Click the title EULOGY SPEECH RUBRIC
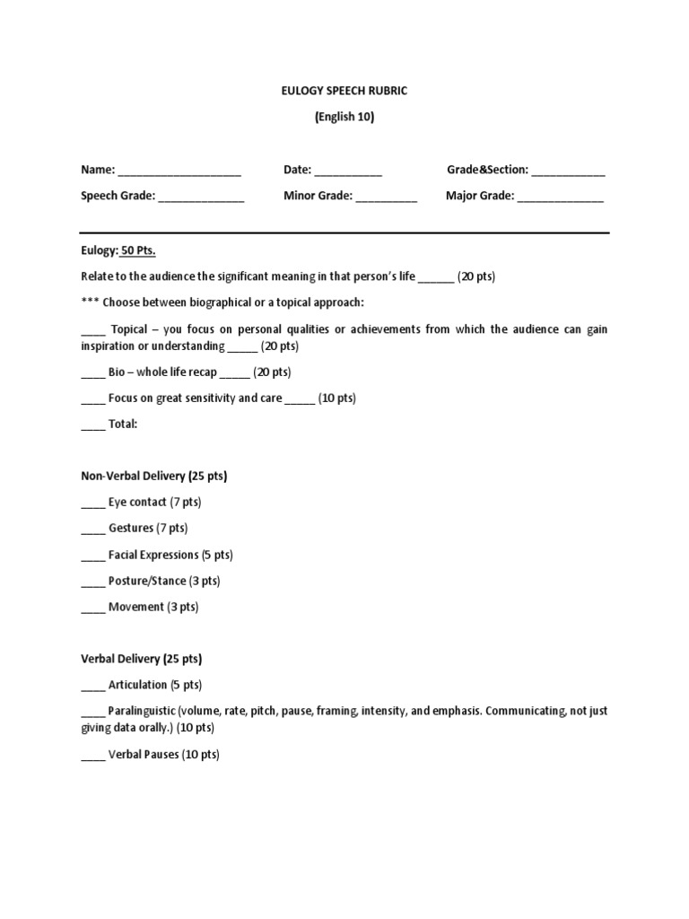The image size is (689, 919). click(344, 90)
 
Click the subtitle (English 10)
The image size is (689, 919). click(344, 117)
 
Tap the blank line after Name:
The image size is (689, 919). click(179, 171)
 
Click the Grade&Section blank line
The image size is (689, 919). click(569, 171)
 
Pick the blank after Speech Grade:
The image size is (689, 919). click(202, 197)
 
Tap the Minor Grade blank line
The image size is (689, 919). click(387, 197)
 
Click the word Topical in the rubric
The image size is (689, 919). click(128, 329)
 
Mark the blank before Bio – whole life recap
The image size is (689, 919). click(93, 372)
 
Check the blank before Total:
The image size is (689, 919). click(93, 424)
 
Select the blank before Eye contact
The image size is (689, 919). click(93, 503)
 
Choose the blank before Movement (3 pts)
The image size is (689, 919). click(93, 608)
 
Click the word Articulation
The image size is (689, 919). click(137, 685)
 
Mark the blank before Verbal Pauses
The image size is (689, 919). click(93, 756)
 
